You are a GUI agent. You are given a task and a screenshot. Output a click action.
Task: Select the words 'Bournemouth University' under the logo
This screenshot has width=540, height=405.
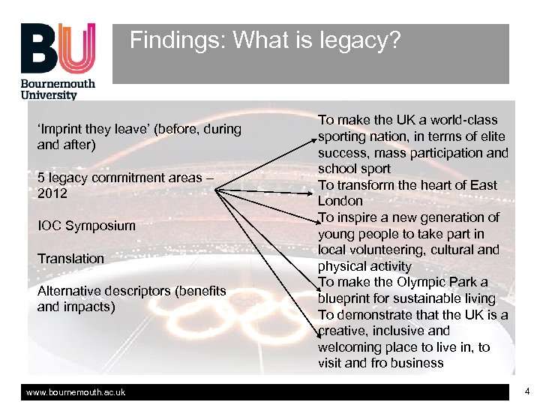tap(58, 88)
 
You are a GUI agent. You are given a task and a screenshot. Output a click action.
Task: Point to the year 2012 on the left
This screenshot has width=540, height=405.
tap(52, 193)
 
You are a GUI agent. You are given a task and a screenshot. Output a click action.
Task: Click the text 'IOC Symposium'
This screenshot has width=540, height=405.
tap(86, 226)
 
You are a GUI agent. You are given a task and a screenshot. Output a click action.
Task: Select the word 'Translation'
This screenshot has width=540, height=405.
tap(70, 259)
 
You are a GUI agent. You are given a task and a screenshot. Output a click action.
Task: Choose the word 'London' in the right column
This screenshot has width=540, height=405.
tap(340, 201)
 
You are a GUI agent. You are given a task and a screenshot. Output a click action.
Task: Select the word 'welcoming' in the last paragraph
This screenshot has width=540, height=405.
tap(350, 347)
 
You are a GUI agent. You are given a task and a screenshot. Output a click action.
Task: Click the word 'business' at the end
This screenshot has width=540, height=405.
tap(418, 364)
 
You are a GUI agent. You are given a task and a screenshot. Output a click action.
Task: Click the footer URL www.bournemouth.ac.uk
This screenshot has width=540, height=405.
tap(76, 392)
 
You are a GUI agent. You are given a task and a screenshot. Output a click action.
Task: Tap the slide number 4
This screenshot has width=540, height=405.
tap(527, 391)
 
